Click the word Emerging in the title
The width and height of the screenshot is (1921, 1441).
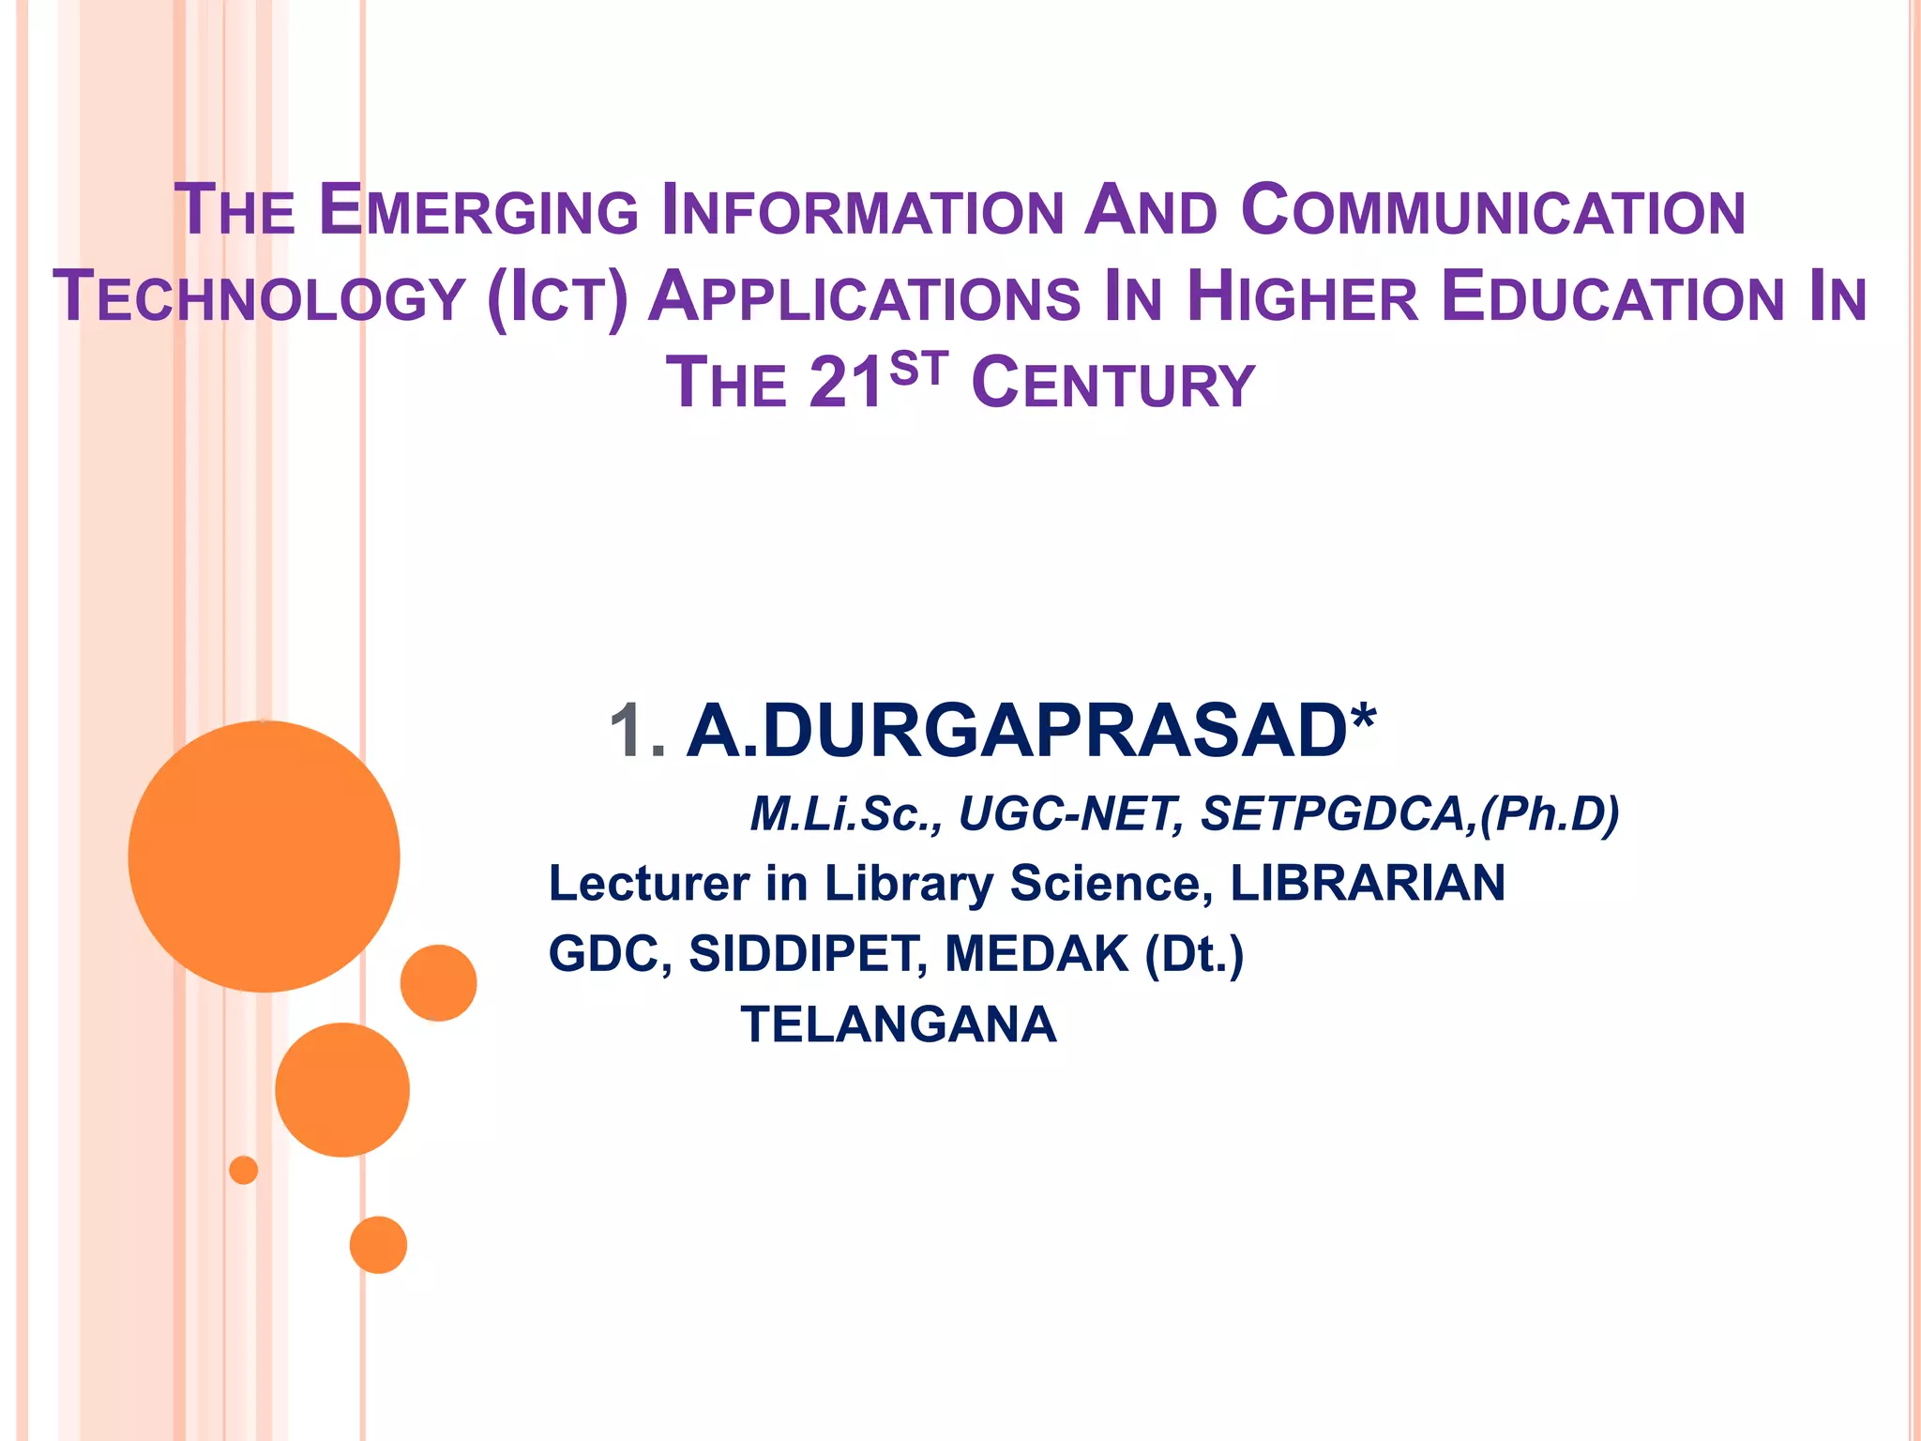pos(478,211)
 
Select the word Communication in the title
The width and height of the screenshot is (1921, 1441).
pos(1493,211)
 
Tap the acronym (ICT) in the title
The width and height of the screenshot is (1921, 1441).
pos(557,298)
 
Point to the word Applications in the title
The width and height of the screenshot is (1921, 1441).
pos(864,298)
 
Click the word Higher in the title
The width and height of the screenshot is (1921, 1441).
pos(1303,298)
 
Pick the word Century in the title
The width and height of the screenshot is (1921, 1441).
pos(1113,385)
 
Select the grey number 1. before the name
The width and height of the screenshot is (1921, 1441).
pos(637,731)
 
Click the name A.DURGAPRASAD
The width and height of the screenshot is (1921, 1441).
pos(1017,731)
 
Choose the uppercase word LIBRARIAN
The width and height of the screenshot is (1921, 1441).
pos(1367,884)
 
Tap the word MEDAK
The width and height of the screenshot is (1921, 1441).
pos(1036,954)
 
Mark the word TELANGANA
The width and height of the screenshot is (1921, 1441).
pos(899,1024)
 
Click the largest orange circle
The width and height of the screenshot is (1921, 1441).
pos(265,857)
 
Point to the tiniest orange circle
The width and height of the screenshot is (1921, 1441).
pos(244,1170)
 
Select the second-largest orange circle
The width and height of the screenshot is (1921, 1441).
pos(342,1089)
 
